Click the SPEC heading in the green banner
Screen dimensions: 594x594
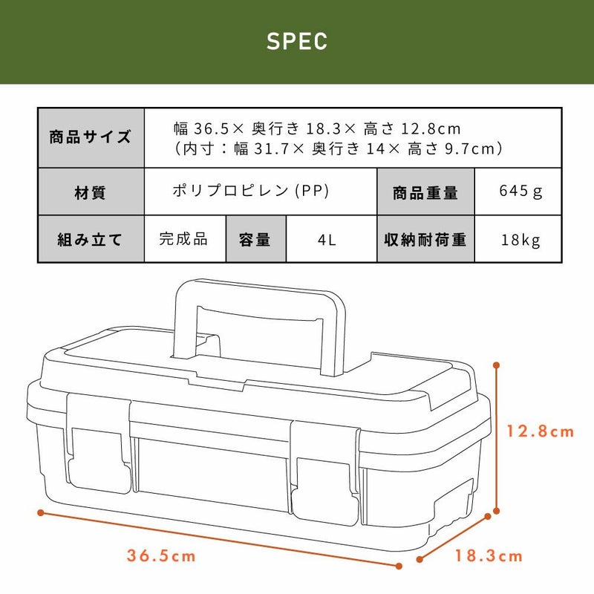[297, 41]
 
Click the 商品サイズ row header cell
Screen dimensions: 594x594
[91, 138]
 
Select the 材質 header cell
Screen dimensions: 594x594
[91, 192]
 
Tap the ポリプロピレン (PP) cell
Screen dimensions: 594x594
[261, 192]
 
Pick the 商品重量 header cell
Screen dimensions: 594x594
[425, 192]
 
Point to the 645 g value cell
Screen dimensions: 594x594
[518, 192]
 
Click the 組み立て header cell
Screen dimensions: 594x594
[91, 239]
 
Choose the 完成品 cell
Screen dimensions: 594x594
[185, 239]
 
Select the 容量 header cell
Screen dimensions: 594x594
[256, 239]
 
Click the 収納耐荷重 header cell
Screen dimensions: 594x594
[425, 239]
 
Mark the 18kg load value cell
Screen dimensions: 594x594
[518, 239]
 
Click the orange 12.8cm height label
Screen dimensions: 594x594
[541, 431]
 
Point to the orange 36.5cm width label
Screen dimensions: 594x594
[161, 555]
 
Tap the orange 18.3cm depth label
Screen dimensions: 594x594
[489, 555]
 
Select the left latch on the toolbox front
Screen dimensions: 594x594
[99, 443]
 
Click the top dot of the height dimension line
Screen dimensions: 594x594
[497, 365]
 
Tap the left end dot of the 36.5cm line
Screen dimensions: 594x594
[41, 513]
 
